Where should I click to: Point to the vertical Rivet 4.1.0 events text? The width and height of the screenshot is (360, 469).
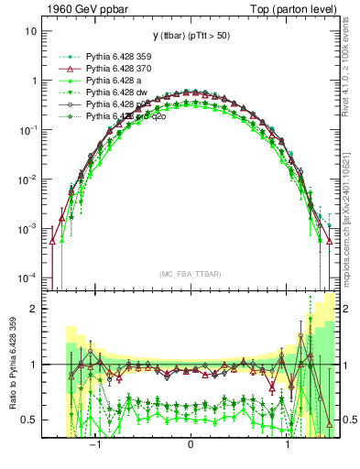[350, 62]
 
